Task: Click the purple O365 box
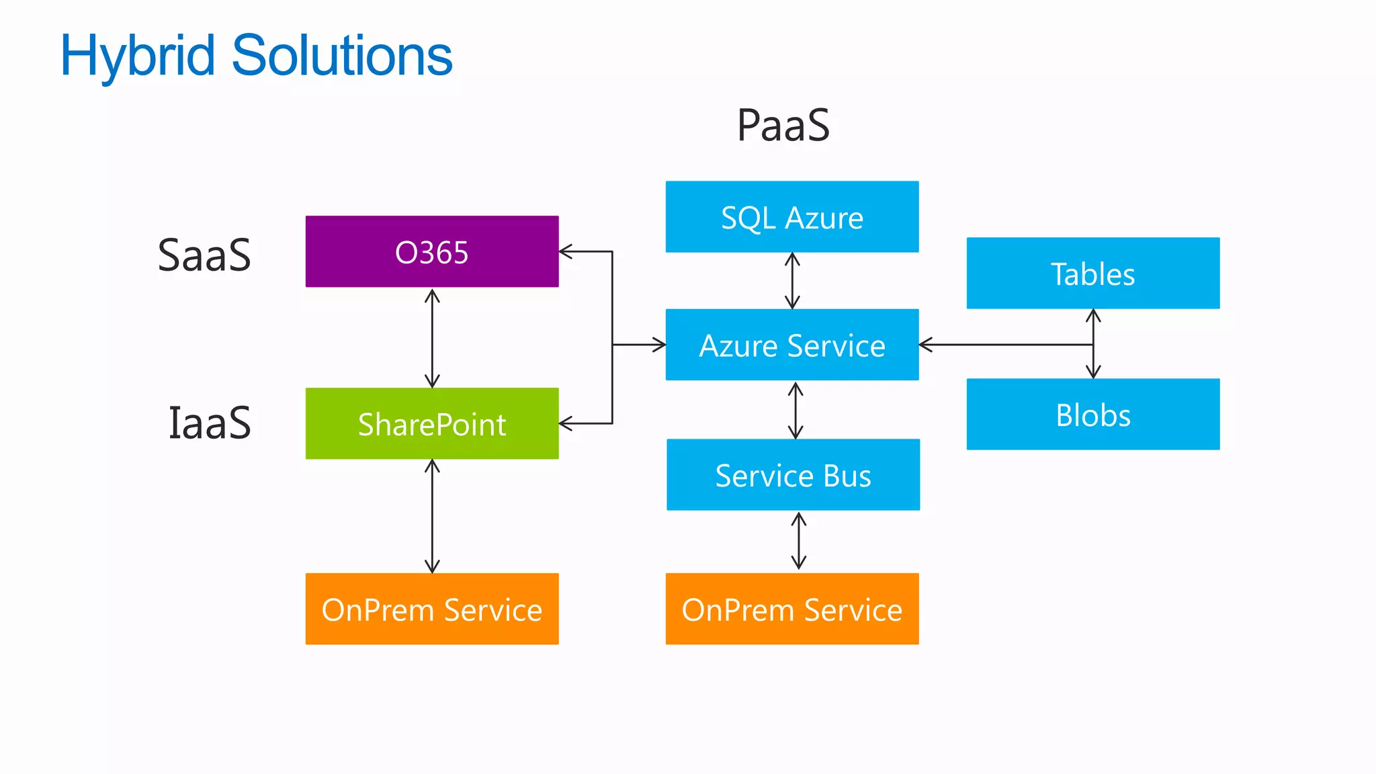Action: pyautogui.click(x=431, y=251)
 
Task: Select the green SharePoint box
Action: pyautogui.click(x=431, y=423)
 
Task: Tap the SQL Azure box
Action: pyautogui.click(x=791, y=216)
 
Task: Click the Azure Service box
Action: pyautogui.click(x=791, y=345)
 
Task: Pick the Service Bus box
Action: pyautogui.click(x=793, y=474)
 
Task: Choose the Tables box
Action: pyautogui.click(x=1092, y=273)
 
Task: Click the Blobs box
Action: pyautogui.click(x=1092, y=414)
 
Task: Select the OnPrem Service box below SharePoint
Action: pyautogui.click(x=431, y=609)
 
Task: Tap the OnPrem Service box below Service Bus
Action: pyautogui.click(x=791, y=609)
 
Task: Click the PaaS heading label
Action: pyautogui.click(x=783, y=126)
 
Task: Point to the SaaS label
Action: pyautogui.click(x=204, y=255)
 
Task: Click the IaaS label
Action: pyautogui.click(x=210, y=423)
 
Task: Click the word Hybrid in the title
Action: pyautogui.click(x=138, y=56)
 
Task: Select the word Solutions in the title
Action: pyautogui.click(x=342, y=56)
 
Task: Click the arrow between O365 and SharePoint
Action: pyautogui.click(x=432, y=338)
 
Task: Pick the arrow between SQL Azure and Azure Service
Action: pyautogui.click(x=792, y=281)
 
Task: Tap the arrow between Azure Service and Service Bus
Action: pyautogui.click(x=795, y=410)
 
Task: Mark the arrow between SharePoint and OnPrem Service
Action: pyautogui.click(x=432, y=516)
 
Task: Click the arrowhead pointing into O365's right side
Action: pyautogui.click(x=566, y=252)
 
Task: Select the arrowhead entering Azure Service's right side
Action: pyautogui.click(x=926, y=345)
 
